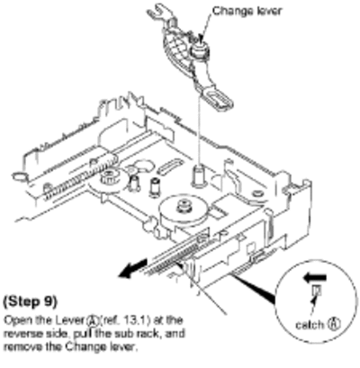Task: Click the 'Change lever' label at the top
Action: point(247,11)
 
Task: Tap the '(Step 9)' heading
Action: point(30,301)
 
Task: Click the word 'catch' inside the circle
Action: point(310,325)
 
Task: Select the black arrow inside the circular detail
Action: point(314,278)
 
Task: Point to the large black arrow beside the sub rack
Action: point(133,268)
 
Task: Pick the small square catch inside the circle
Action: point(317,291)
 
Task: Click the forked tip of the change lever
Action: point(156,12)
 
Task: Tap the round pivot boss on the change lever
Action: point(198,49)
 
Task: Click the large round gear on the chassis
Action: point(184,211)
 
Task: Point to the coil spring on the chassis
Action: point(80,175)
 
